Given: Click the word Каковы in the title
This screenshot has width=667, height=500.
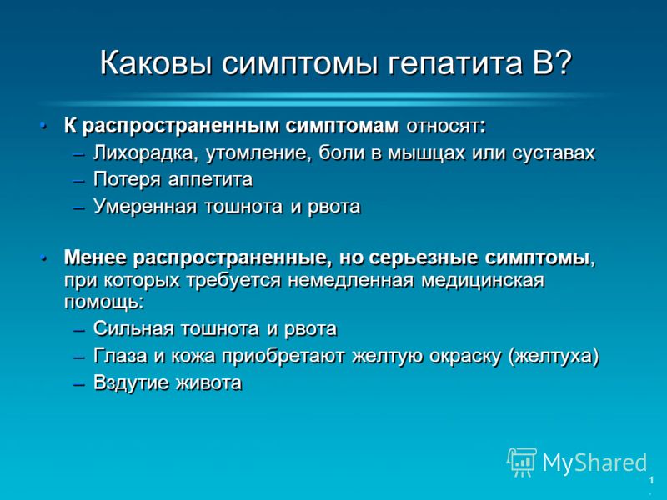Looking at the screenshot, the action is (x=156, y=63).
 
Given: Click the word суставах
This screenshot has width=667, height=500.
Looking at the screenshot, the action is (x=553, y=153).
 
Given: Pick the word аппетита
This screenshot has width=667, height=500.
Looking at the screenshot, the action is (x=210, y=180).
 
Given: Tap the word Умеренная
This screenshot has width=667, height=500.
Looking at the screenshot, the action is (x=145, y=207).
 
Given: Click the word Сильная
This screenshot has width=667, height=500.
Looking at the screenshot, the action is (x=133, y=328).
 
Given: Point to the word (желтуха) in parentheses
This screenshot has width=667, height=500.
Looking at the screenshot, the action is (x=554, y=357).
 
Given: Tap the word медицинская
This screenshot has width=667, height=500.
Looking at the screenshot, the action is (x=483, y=281).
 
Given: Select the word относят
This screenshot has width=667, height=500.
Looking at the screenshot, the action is (x=446, y=127).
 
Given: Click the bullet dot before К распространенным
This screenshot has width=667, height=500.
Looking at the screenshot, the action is (x=43, y=126).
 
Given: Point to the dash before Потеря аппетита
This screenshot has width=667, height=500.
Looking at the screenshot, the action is (x=79, y=181).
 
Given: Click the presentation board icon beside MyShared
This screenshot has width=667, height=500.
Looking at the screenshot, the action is (x=521, y=462).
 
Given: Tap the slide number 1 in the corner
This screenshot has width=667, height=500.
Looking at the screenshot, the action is (x=651, y=481).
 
